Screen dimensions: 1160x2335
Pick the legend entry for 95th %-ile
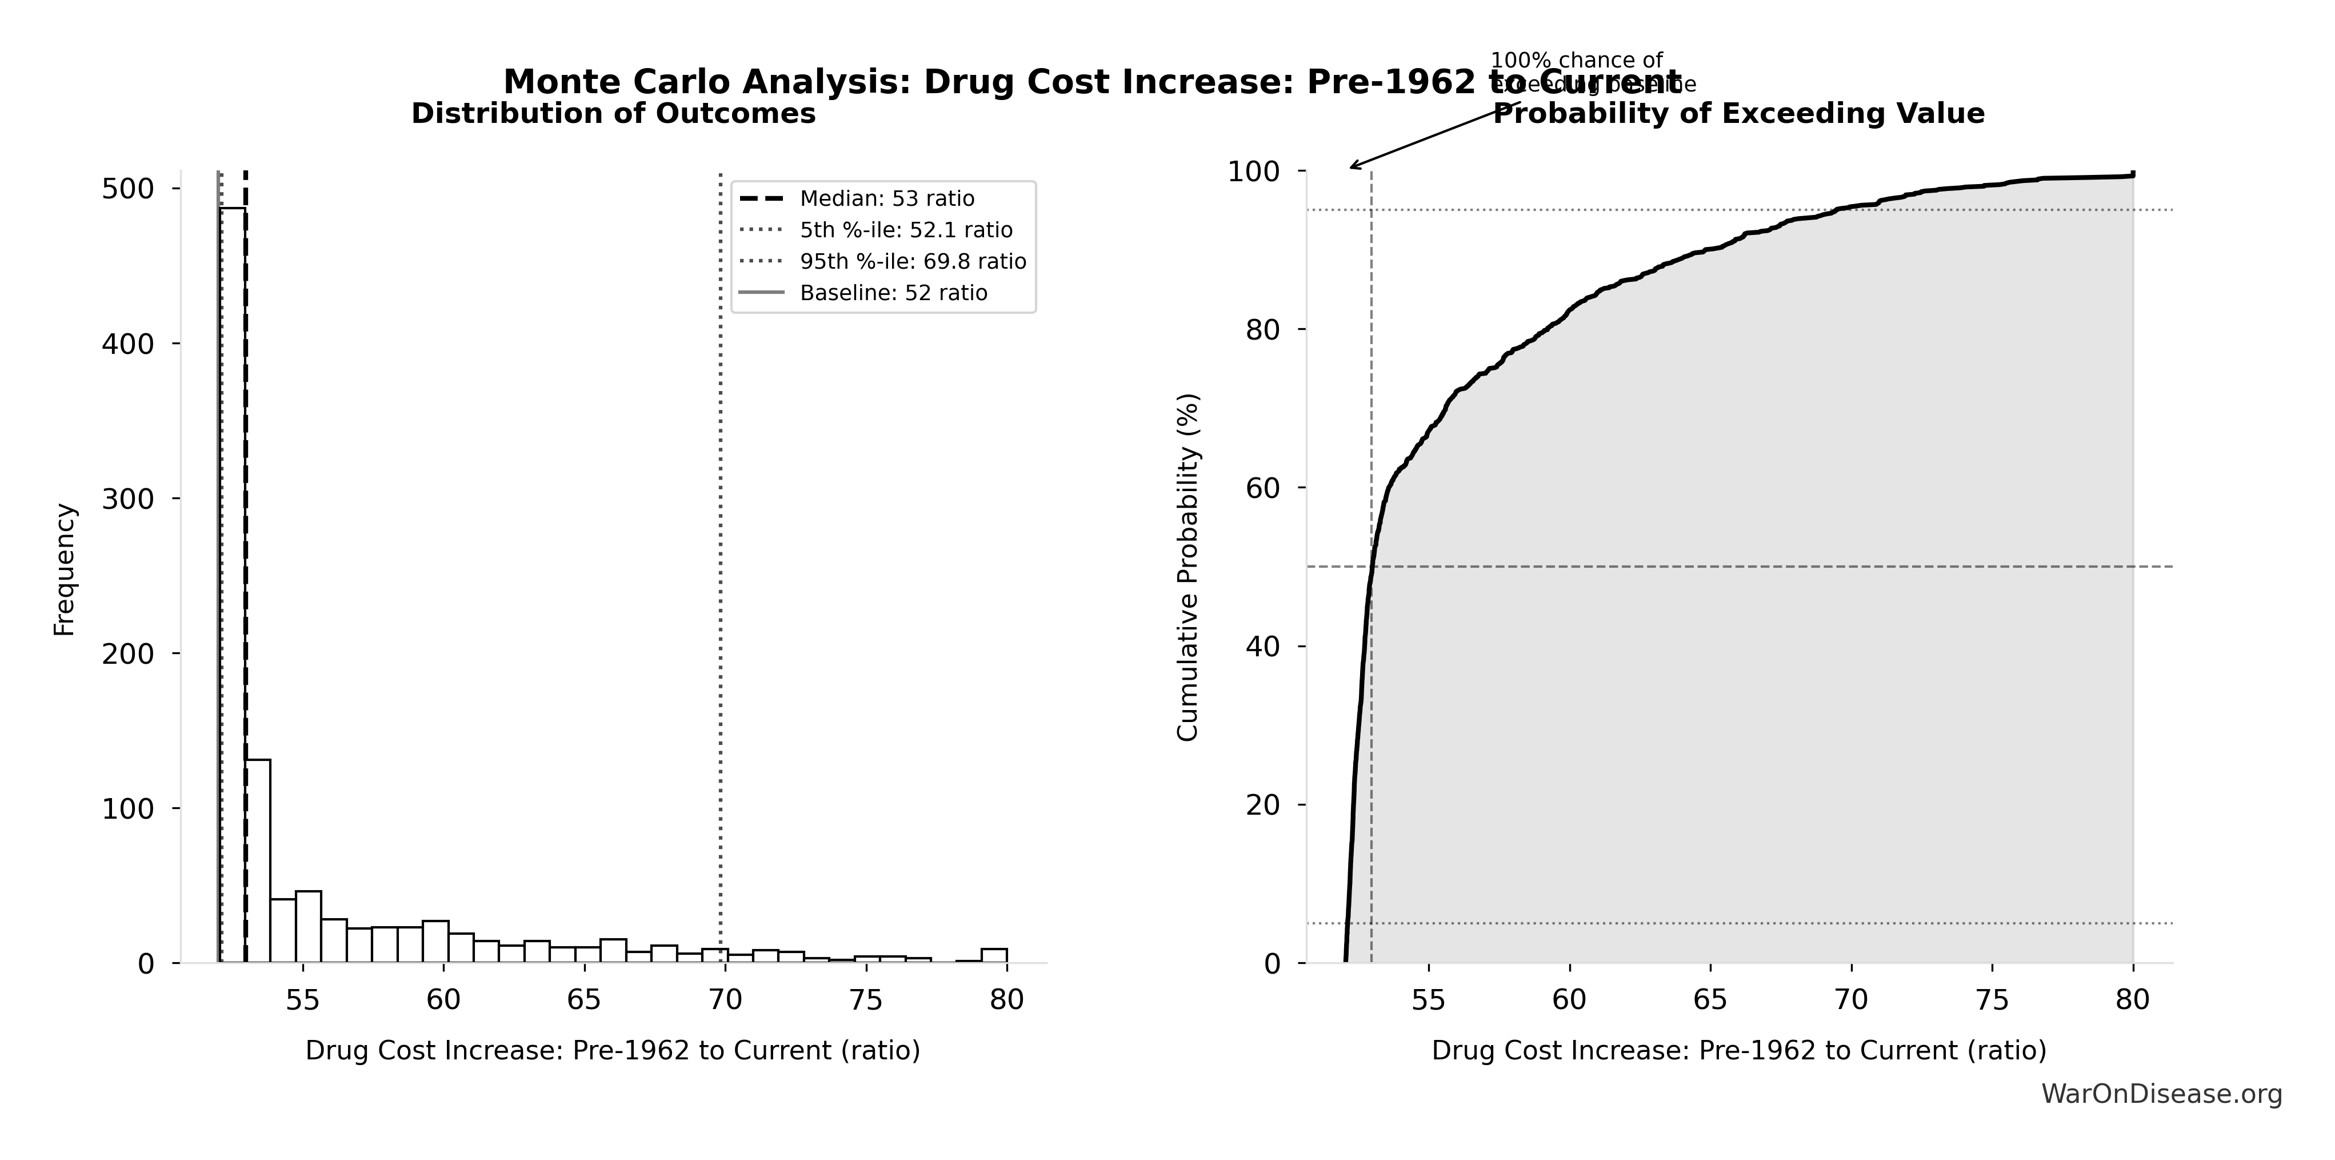[x=912, y=262]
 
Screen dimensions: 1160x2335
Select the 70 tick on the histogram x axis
[x=725, y=999]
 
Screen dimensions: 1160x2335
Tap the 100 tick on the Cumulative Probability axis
[x=1254, y=172]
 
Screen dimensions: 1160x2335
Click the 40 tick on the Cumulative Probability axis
[x=1264, y=647]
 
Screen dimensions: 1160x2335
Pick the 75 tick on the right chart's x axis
[x=1992, y=999]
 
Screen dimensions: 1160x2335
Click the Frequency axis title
[x=65, y=569]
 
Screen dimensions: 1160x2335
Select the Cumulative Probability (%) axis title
[x=1188, y=567]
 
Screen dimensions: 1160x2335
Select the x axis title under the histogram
[x=613, y=1050]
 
